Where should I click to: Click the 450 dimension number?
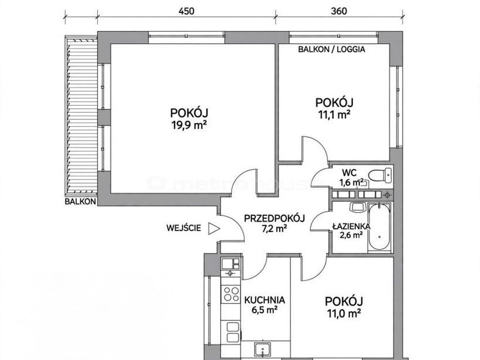coord(187,11)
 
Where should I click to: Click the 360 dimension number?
coord(339,11)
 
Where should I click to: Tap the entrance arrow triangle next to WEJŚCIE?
coord(214,229)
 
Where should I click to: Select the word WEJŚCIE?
coord(184,228)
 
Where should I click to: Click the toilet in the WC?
coord(380,175)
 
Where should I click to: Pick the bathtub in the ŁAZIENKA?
coord(379,227)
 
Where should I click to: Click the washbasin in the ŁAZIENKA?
coord(357,207)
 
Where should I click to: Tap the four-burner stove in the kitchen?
coord(231,293)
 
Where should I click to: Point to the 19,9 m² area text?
coord(189,125)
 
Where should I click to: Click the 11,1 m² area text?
coord(334,115)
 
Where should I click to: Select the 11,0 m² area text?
coord(344,313)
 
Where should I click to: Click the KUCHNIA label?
coord(265,300)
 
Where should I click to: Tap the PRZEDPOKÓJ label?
coord(274,218)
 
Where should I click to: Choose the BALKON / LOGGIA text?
coord(332,49)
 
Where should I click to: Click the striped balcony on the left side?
coord(81,116)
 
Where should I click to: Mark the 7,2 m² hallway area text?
coord(274,229)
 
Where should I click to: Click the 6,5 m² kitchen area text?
coord(265,310)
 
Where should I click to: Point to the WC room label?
coord(349,173)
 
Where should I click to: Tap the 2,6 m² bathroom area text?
coord(351,235)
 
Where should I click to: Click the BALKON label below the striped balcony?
coord(80,202)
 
